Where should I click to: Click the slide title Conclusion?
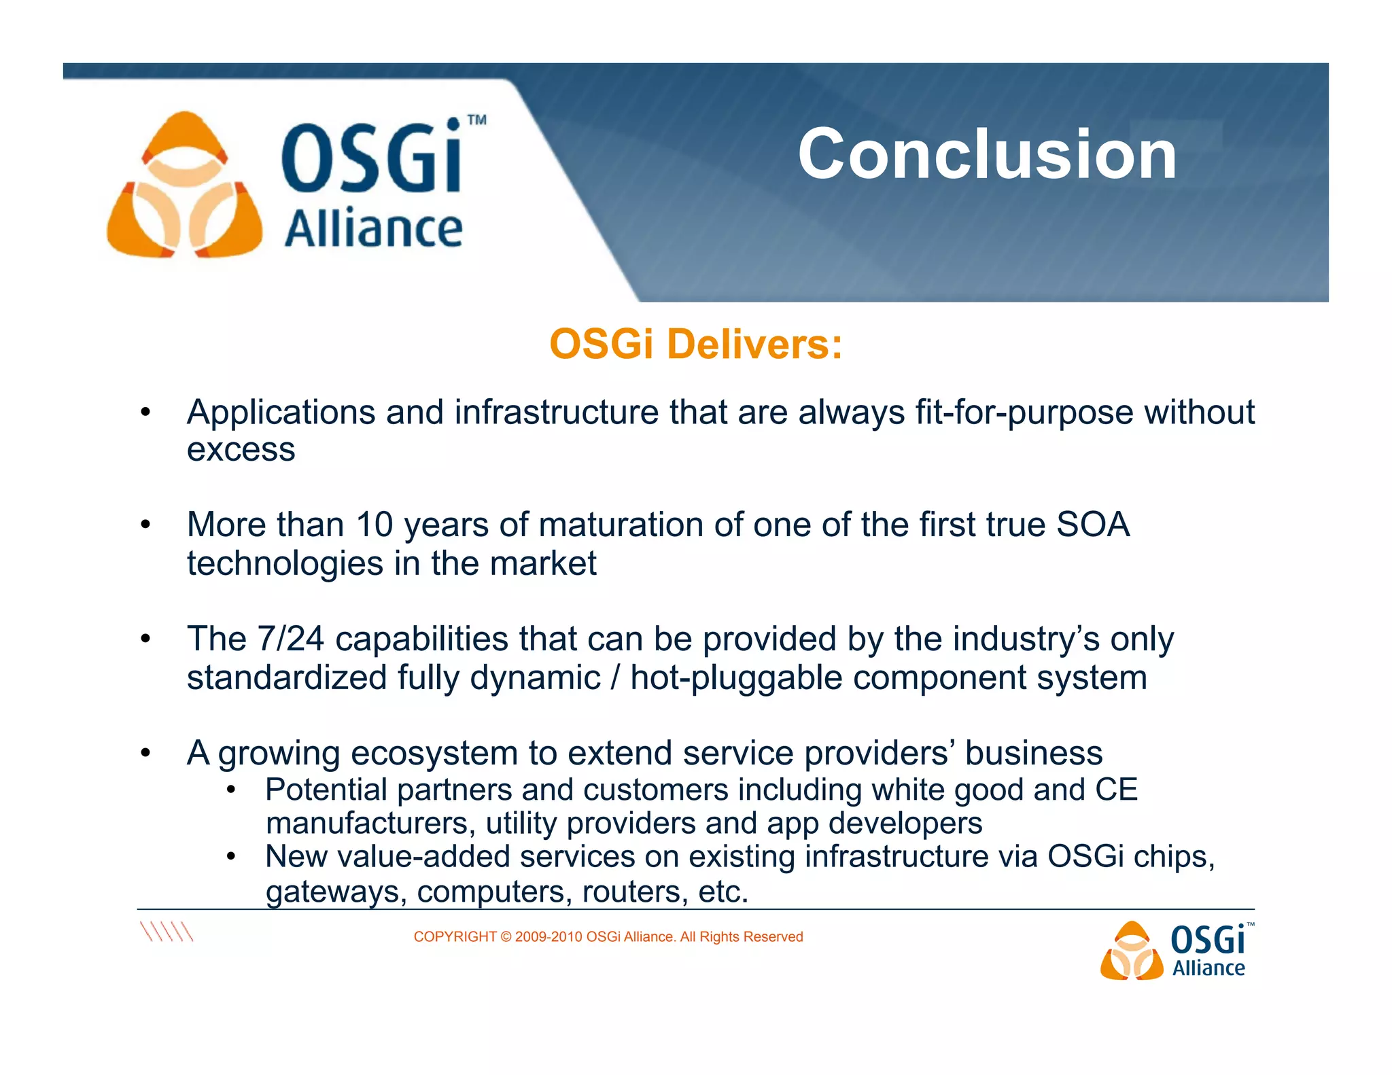coord(987,155)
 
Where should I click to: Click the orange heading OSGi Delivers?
coord(695,344)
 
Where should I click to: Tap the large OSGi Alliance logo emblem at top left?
coord(184,186)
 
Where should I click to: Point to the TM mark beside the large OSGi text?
coord(477,120)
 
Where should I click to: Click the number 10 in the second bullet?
coord(375,525)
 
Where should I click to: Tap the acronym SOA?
coord(1093,525)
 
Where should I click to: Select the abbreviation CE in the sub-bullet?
coord(1116,790)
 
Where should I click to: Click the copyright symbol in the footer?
coord(506,937)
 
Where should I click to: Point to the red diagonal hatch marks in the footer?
coord(167,931)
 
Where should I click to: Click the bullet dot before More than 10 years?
coord(145,525)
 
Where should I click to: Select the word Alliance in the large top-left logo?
coord(373,229)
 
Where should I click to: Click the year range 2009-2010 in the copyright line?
coord(549,937)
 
